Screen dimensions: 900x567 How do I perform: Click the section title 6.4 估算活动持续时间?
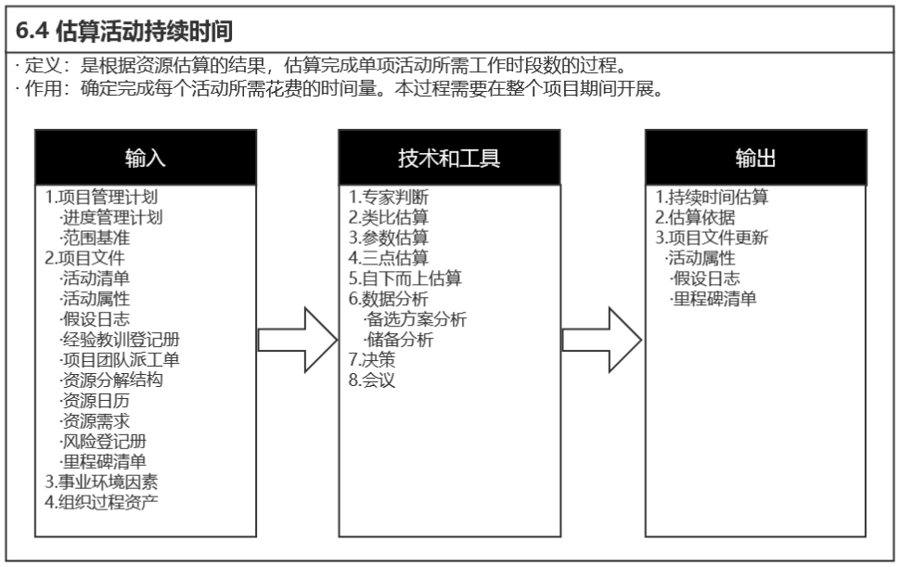tap(130, 31)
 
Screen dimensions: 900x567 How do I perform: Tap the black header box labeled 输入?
tap(145, 157)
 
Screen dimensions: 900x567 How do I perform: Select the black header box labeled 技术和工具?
tap(449, 157)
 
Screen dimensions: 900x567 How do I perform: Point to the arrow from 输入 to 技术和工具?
tap(296, 340)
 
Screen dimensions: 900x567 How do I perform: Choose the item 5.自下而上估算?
tap(405, 277)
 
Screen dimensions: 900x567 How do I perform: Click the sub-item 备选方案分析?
tap(415, 318)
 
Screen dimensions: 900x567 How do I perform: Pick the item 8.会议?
tap(372, 379)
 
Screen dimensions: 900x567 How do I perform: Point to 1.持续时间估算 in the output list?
tap(712, 197)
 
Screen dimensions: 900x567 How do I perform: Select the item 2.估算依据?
tap(695, 217)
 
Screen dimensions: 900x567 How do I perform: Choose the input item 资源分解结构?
tap(111, 379)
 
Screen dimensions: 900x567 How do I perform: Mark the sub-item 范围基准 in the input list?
tap(95, 237)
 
